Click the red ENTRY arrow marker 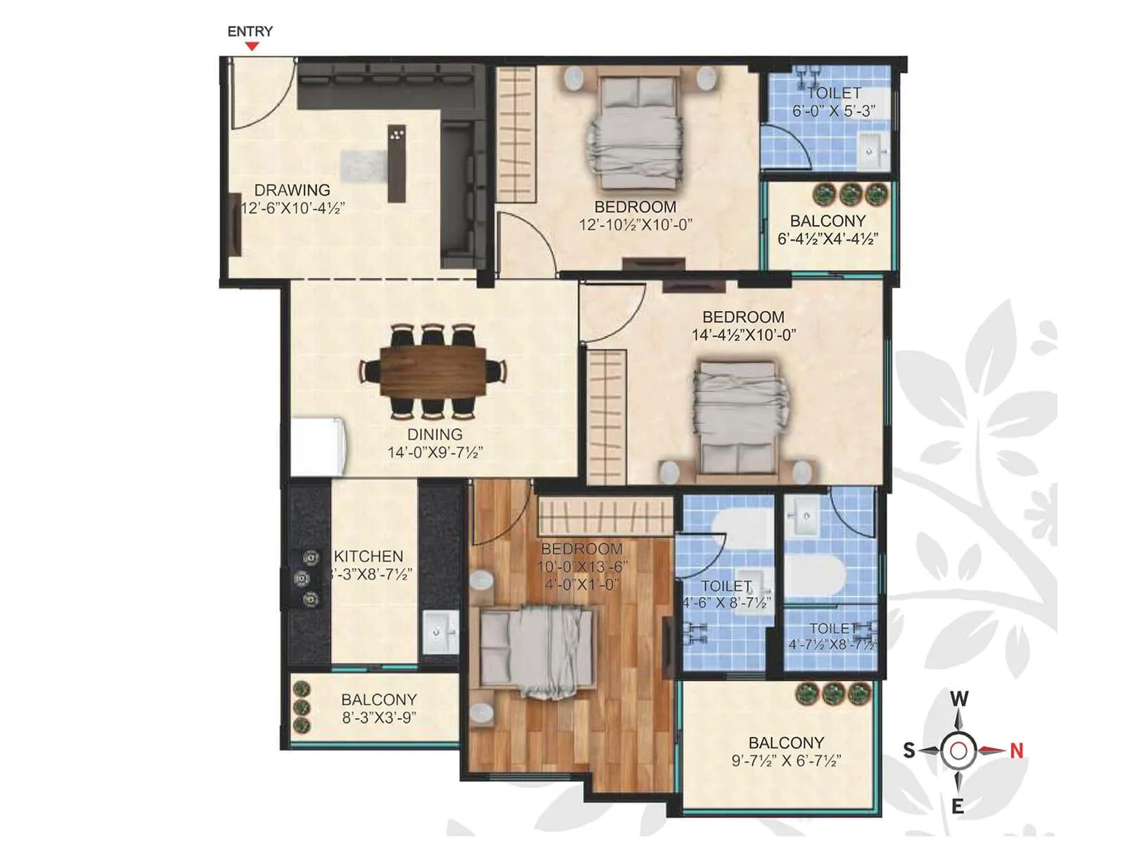(x=252, y=46)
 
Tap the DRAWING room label (x=292, y=190)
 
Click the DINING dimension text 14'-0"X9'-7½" (x=435, y=452)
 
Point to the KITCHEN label (x=368, y=556)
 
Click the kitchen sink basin (x=439, y=632)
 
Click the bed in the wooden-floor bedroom (x=538, y=651)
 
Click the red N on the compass (x=1016, y=750)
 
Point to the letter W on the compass (x=959, y=698)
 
